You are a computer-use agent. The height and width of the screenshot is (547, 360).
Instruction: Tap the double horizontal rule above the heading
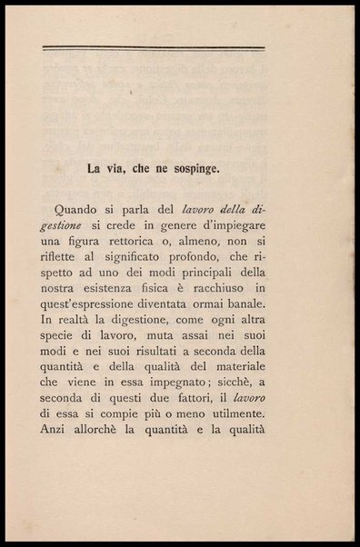[154, 48]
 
